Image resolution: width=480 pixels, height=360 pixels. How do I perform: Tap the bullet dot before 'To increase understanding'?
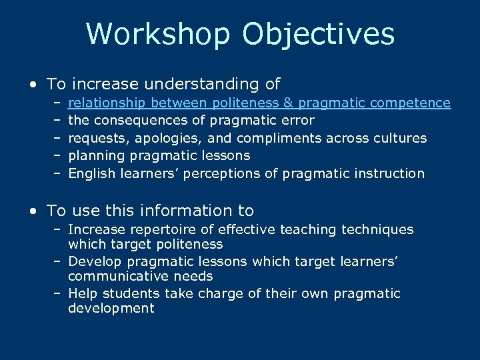pos(33,85)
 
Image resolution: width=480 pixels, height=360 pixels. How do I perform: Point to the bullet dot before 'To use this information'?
pos(33,211)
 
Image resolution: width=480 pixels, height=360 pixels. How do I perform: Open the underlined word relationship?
pos(108,103)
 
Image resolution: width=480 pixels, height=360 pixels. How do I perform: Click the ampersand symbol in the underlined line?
pos(289,103)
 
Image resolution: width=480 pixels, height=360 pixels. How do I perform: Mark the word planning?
pos(95,155)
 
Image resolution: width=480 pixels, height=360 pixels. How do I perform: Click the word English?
pos(92,173)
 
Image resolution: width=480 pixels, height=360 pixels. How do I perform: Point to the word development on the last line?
pos(111,308)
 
